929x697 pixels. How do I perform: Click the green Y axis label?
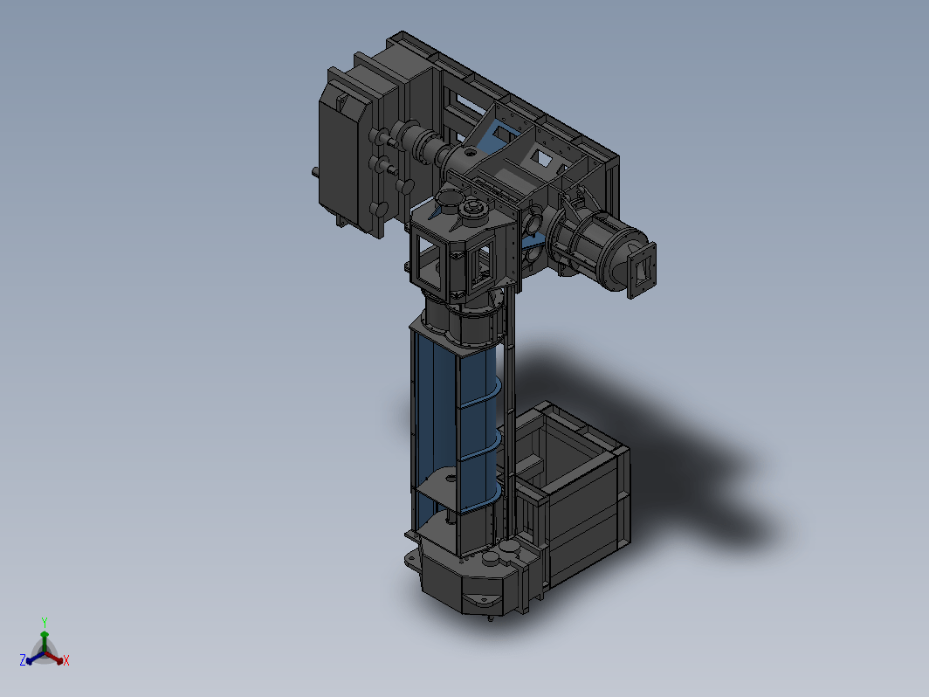pyautogui.click(x=45, y=622)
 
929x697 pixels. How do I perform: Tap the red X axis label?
pyautogui.click(x=65, y=660)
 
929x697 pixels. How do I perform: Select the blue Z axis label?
pyautogui.click(x=23, y=660)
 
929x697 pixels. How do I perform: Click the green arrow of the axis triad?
pyautogui.click(x=45, y=640)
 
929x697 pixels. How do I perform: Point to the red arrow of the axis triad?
pyautogui.click(x=54, y=658)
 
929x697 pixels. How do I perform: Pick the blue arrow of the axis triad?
pyautogui.click(x=35, y=658)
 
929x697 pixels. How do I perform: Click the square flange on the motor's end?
pyautogui.click(x=641, y=270)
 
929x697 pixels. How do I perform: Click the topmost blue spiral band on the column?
pyautogui.click(x=480, y=395)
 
